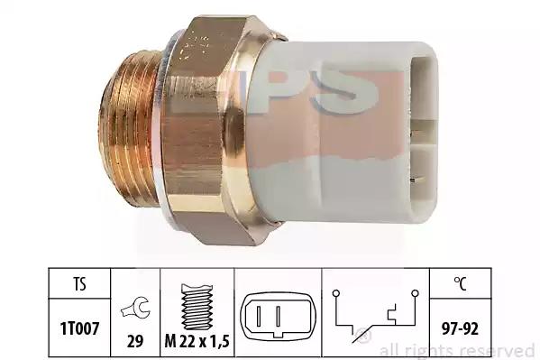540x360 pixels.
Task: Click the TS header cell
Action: click(x=79, y=284)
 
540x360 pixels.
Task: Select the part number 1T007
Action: click(x=80, y=328)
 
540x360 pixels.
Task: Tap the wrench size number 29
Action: click(x=135, y=341)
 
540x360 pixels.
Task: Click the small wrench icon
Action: click(x=135, y=308)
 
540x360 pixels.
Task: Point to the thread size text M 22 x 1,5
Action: click(x=197, y=341)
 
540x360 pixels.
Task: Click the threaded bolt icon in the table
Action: click(x=197, y=307)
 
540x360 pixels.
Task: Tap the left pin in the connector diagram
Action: click(x=260, y=315)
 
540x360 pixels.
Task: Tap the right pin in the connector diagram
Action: click(x=279, y=315)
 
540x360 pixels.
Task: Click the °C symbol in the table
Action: click(x=461, y=284)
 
